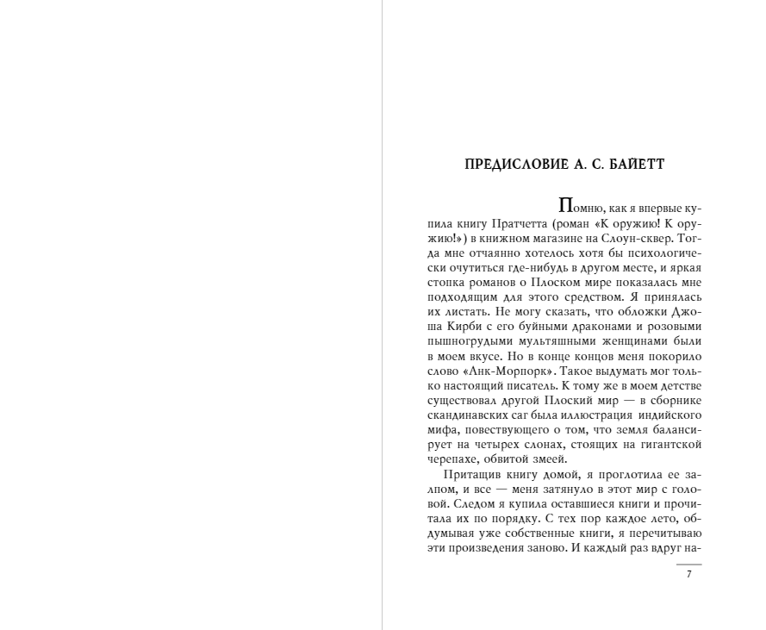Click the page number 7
688,575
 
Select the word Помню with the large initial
582,209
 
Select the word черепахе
452,459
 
